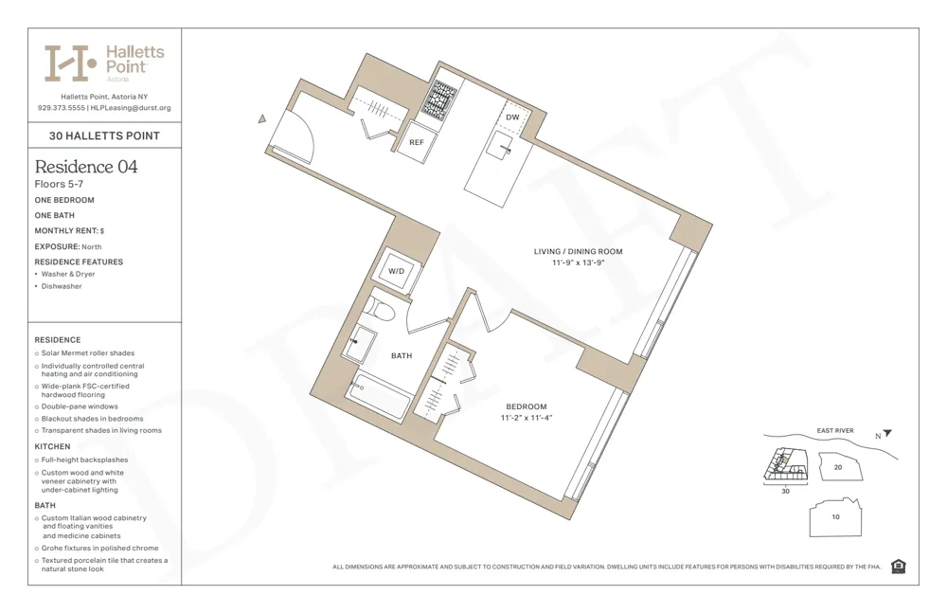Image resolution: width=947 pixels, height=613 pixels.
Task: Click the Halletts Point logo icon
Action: (x=70, y=63)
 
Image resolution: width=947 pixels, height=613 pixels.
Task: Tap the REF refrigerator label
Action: (x=416, y=142)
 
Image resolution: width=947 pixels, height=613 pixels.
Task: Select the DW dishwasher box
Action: (x=512, y=117)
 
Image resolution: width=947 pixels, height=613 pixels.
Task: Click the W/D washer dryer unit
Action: (x=396, y=272)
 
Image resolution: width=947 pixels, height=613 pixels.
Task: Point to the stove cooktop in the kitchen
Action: (x=438, y=99)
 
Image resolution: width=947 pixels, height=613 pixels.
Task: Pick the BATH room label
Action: (x=402, y=356)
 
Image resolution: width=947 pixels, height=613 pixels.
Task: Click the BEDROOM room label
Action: (x=526, y=406)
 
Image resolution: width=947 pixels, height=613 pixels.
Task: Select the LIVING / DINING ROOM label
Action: (x=578, y=251)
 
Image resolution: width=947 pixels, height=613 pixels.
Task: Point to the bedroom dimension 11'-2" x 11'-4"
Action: (x=526, y=418)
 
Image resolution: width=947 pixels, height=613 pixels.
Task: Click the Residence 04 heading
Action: (x=86, y=167)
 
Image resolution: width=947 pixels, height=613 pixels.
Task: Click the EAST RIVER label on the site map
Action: (x=834, y=431)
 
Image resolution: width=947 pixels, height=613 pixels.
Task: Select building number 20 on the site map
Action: (x=837, y=467)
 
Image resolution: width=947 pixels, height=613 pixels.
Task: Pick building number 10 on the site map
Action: (x=835, y=517)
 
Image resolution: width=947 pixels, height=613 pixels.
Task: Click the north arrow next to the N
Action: (x=887, y=434)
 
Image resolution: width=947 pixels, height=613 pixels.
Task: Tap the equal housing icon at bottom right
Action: (x=898, y=567)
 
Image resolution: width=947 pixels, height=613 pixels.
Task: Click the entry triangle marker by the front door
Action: (x=262, y=119)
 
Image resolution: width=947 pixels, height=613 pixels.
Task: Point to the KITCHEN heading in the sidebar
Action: (x=53, y=446)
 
